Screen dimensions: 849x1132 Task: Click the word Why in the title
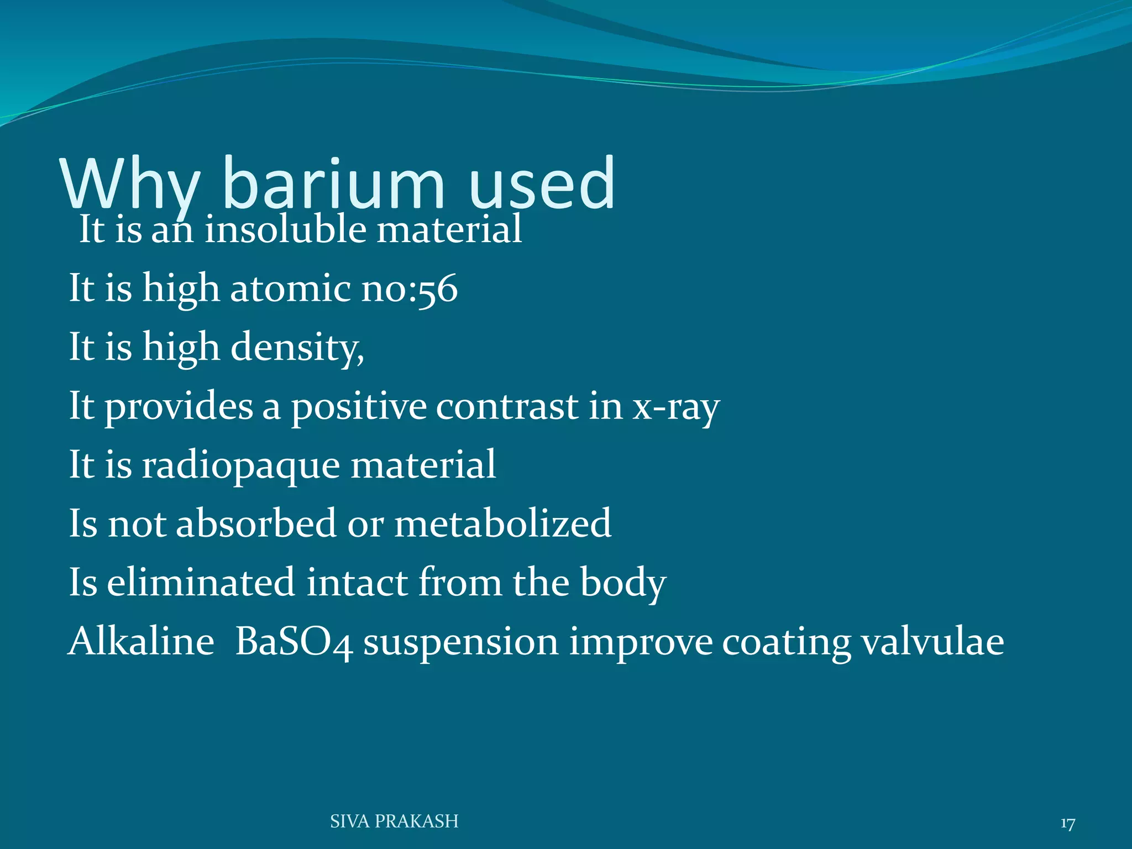130,185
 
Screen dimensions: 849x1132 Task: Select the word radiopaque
240,466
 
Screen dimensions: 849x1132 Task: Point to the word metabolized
502,524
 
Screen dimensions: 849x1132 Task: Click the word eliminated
201,583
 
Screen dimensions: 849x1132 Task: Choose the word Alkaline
141,642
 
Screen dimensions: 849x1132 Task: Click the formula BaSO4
294,643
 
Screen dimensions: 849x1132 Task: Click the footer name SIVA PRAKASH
394,821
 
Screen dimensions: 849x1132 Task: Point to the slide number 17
1067,824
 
